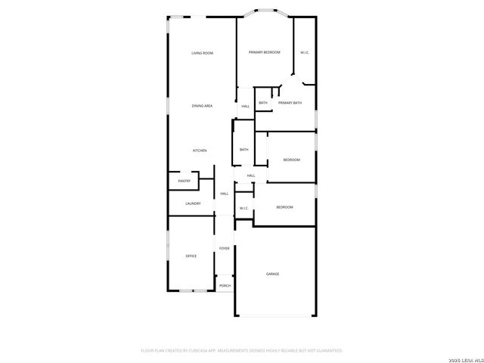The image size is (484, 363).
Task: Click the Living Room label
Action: pos(202,53)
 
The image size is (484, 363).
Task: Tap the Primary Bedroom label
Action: pos(265,52)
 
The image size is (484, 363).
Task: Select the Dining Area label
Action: pos(202,106)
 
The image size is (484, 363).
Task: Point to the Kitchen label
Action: pos(200,150)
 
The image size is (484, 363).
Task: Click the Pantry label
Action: pos(185,181)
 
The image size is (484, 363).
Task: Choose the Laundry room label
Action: pos(193,203)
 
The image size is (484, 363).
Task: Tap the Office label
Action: pos(191,256)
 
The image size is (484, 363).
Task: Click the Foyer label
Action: pos(225,248)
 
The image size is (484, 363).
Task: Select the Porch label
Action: pos(225,285)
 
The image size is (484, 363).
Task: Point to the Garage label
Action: pos(272,274)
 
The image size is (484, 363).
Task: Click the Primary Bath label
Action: pos(290,103)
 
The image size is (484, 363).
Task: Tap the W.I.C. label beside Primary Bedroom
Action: pos(304,52)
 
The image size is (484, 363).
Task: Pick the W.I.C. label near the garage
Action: pos(244,208)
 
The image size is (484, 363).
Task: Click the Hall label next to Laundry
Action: pos(225,194)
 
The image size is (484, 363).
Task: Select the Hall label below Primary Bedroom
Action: pos(246,107)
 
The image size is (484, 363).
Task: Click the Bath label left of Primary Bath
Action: pos(263,103)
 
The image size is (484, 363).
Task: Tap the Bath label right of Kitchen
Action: pos(244,150)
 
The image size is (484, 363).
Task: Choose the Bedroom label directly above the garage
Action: pos(284,207)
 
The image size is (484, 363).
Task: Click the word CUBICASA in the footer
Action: pos(203,351)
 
